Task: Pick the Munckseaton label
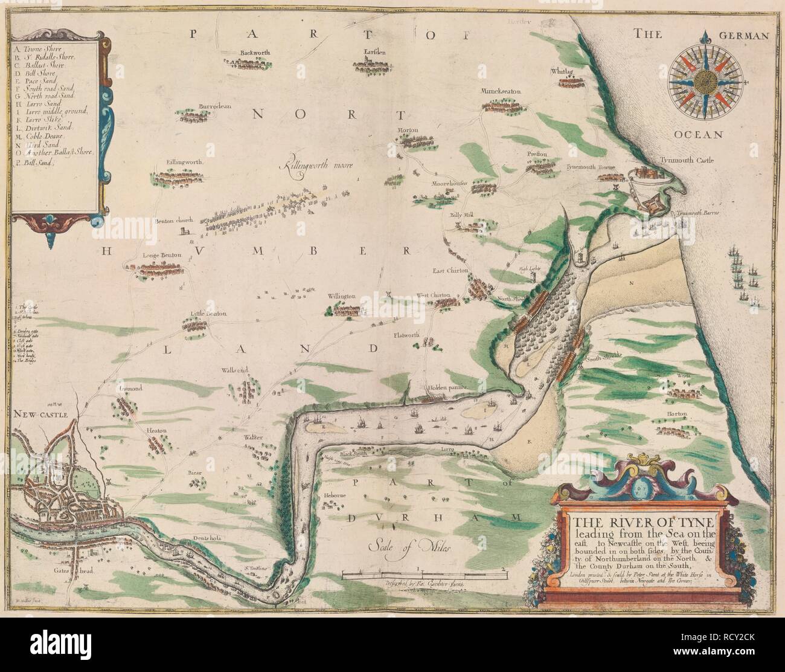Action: coord(501,92)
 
